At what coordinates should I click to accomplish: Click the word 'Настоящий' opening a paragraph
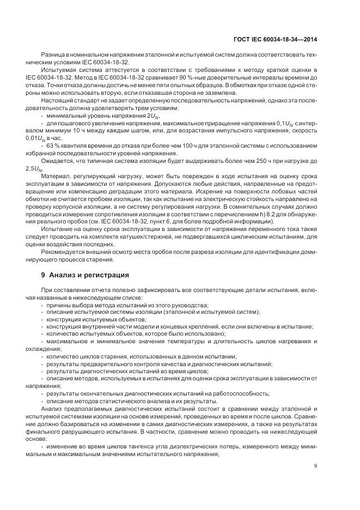point(56,101)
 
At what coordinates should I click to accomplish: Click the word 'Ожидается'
point(56,162)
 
